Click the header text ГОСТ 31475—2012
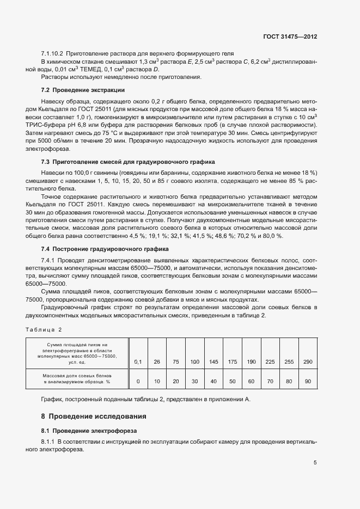tap(290, 37)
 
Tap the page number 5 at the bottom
tap(315, 463)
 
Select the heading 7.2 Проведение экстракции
tap(83, 90)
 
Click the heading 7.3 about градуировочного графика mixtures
tap(128, 162)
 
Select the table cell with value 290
tap(308, 362)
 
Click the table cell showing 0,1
tap(138, 362)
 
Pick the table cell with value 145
tap(213, 362)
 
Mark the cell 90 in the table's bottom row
tap(308, 382)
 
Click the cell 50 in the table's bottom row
tap(233, 382)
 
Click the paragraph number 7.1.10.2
tap(52, 54)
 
